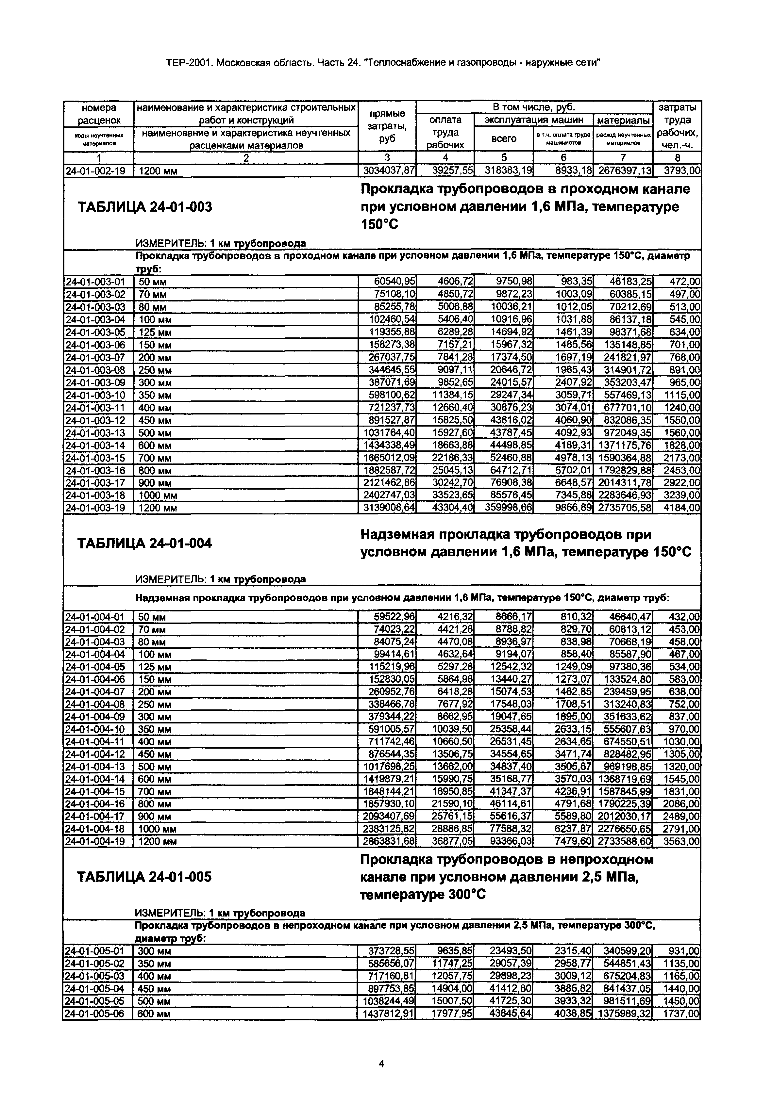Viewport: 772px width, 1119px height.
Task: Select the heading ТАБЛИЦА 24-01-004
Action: (x=145, y=543)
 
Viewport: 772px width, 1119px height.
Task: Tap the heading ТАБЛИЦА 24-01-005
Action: (x=145, y=877)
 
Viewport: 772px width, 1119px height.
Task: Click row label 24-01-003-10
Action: (x=95, y=396)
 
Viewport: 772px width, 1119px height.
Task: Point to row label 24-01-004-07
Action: (x=95, y=692)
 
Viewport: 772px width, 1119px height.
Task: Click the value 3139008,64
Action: (x=389, y=508)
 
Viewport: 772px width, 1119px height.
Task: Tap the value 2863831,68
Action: (x=389, y=842)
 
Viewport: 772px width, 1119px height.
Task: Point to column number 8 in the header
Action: (x=677, y=157)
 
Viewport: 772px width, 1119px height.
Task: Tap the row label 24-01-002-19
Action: (x=95, y=170)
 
